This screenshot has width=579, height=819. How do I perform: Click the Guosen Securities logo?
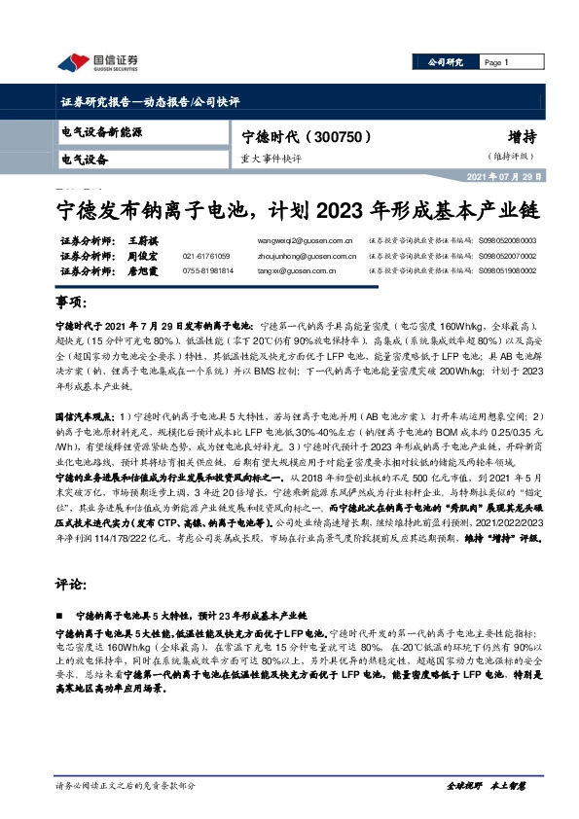[x=97, y=63]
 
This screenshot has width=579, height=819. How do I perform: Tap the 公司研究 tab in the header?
[x=449, y=63]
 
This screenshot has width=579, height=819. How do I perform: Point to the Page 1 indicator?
[x=496, y=63]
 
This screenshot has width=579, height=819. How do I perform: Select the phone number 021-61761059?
[x=207, y=256]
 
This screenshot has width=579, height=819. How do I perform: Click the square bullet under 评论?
[x=63, y=617]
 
